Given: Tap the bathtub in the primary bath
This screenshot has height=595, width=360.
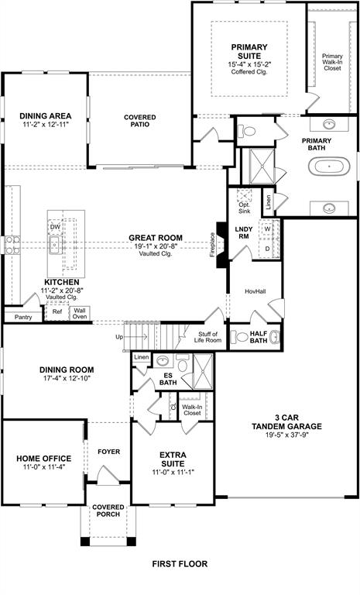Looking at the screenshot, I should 330,166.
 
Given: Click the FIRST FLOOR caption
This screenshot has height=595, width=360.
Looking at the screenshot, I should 180,564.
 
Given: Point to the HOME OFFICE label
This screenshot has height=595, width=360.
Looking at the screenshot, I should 44,459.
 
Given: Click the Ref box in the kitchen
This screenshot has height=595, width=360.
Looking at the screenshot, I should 57,312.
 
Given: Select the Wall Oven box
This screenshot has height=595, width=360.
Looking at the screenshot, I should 80,313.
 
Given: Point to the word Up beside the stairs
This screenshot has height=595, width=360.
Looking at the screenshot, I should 119,337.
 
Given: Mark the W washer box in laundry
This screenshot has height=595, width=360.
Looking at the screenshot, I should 267,229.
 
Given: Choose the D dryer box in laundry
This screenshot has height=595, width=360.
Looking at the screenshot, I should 267,249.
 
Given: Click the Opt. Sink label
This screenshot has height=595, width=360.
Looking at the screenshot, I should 244,207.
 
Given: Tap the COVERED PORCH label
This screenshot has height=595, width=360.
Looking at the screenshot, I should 108,511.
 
